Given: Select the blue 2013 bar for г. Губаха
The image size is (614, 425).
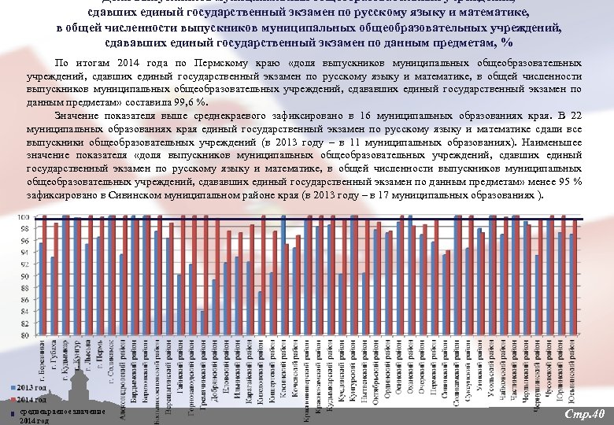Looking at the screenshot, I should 53,296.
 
